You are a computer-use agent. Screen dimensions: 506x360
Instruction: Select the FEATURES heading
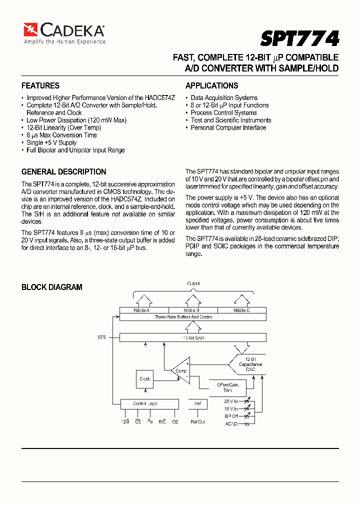40,85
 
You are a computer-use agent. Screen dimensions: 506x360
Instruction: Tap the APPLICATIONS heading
211,85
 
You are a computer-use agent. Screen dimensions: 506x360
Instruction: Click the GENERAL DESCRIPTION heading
63,171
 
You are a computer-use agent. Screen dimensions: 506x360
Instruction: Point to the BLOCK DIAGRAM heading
51,287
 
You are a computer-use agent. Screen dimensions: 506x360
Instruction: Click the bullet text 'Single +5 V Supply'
51,142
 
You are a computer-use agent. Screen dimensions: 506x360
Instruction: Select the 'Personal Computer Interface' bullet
228,127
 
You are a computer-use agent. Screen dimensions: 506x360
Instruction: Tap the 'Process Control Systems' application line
223,112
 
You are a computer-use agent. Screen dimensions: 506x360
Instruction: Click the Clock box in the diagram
145,379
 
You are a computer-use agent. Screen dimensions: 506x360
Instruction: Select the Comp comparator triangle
180,370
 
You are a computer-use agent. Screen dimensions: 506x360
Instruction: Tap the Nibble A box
142,310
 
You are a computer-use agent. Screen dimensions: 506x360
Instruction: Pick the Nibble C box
241,310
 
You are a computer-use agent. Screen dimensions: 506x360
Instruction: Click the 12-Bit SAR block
192,338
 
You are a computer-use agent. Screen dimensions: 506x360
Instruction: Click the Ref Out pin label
198,422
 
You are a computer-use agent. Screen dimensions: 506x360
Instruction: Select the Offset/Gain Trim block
227,387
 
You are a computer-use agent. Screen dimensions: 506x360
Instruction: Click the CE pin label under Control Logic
175,422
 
